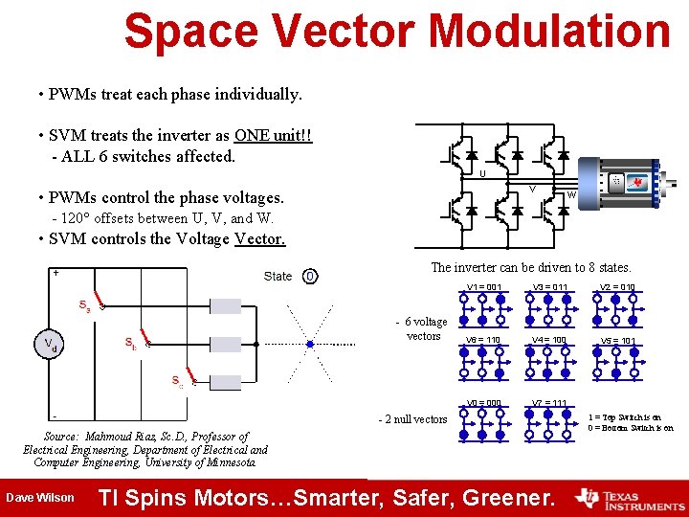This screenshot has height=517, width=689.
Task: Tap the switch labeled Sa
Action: tap(95, 306)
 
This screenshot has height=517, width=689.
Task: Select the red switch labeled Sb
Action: tap(144, 340)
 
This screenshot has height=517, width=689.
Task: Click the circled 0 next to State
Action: tap(309, 277)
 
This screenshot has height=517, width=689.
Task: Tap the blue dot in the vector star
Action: tap(309, 344)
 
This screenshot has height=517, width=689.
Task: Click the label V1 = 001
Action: tap(484, 287)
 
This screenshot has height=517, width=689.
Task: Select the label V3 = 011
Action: tap(549, 287)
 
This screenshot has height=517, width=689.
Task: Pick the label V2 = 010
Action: tap(617, 287)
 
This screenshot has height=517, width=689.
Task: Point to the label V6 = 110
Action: tap(482, 340)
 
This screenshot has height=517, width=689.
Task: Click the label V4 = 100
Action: tap(549, 340)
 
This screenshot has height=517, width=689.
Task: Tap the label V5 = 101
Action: tap(617, 341)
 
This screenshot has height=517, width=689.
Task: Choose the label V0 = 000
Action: tap(484, 402)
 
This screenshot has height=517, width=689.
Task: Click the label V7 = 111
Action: tap(549, 402)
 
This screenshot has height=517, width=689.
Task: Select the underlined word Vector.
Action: tap(259, 239)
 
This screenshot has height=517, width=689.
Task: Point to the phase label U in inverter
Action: tap(481, 174)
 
